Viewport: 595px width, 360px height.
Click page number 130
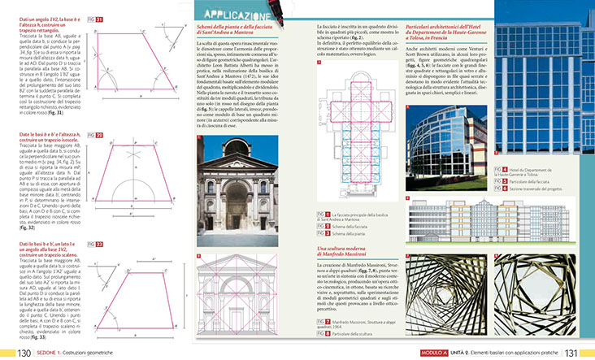19,353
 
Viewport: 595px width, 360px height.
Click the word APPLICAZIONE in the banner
235,13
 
